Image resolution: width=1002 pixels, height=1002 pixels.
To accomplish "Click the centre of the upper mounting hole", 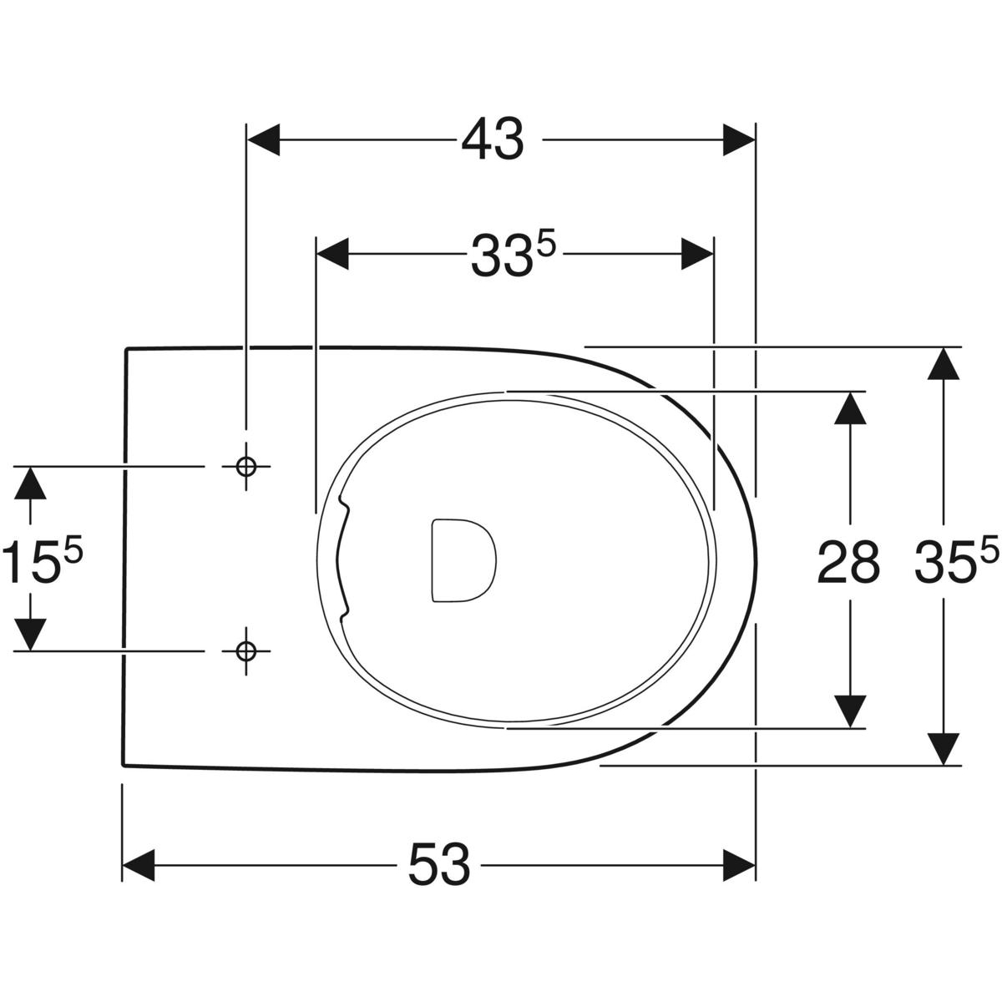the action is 246,467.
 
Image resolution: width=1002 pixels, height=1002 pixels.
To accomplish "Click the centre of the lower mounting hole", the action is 246,650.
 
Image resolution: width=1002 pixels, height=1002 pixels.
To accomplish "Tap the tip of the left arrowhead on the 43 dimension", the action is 247,140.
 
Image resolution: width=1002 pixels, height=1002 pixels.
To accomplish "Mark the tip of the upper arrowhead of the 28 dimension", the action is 850,392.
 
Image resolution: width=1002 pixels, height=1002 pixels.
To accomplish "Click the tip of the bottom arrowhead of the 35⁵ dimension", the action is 944,765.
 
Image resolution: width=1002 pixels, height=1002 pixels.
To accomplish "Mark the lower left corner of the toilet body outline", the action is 124,765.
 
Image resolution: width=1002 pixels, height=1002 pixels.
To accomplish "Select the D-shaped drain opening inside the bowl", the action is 463,560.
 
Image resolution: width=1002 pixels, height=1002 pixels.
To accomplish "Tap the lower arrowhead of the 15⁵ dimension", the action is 30,634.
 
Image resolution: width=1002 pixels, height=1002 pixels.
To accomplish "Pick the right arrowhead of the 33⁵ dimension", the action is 697,255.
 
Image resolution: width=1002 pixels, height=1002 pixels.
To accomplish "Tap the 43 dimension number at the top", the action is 493,139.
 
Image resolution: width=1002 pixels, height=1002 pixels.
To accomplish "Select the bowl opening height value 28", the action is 848,561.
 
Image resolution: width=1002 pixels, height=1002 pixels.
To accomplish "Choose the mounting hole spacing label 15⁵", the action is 43,559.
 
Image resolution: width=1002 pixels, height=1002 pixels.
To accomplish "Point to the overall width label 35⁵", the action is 957,559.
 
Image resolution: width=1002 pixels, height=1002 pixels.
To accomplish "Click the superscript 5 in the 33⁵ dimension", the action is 546,243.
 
